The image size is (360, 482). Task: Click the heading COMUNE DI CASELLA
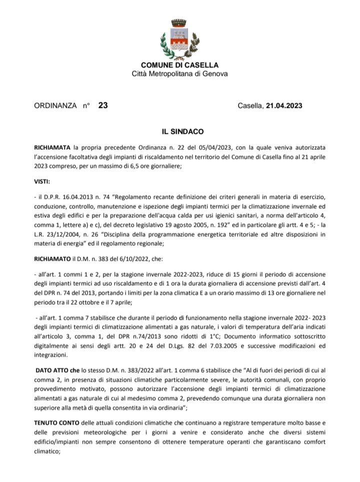pyautogui.click(x=179, y=65)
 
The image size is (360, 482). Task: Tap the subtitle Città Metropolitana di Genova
pyautogui.click(x=179, y=74)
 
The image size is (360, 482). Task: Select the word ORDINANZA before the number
pyautogui.click(x=55, y=105)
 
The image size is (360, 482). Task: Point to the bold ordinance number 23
pyautogui.click(x=103, y=105)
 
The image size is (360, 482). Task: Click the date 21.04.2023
pyautogui.click(x=284, y=105)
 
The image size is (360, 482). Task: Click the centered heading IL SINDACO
pyautogui.click(x=179, y=132)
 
